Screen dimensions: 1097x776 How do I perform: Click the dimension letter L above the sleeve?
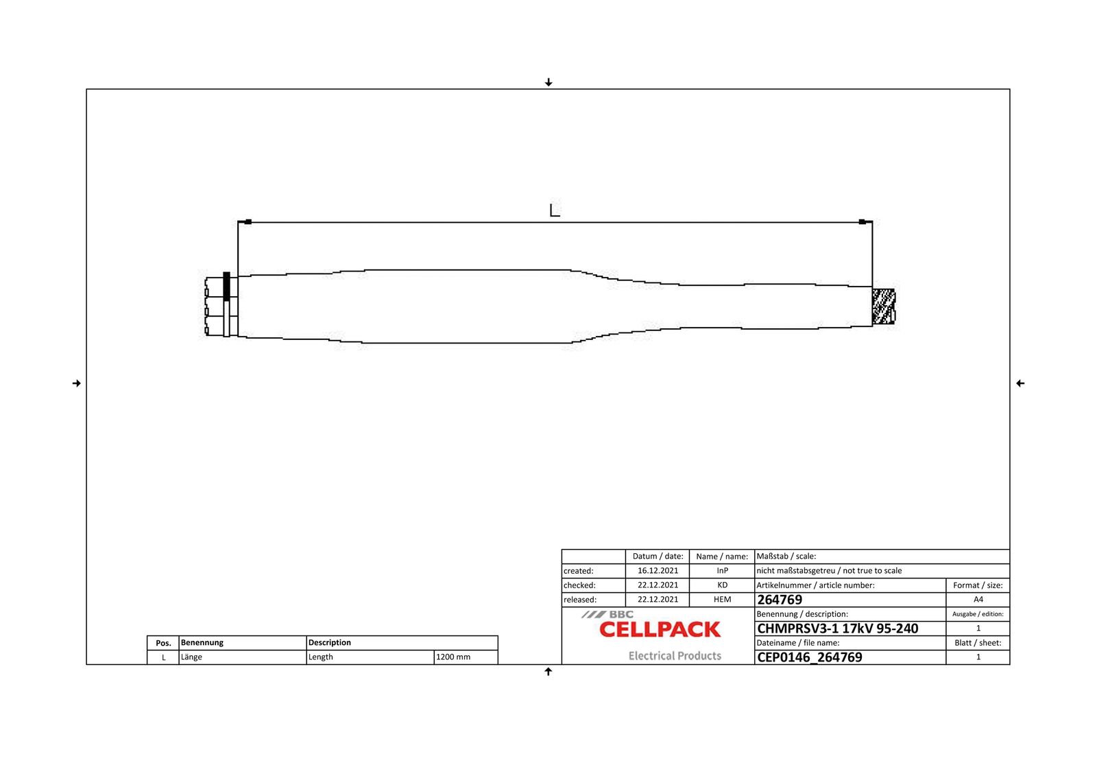pyautogui.click(x=555, y=210)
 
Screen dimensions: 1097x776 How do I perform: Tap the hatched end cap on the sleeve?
pyautogui.click(x=884, y=306)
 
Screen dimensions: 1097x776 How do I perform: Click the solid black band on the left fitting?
pyautogui.click(x=226, y=287)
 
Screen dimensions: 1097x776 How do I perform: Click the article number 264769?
pyautogui.click(x=780, y=600)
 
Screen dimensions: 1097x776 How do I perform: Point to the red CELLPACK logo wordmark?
pyautogui.click(x=660, y=629)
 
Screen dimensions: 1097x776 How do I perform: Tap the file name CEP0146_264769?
pyautogui.click(x=810, y=657)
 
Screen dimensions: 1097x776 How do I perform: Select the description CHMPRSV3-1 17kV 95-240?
pyautogui.click(x=837, y=629)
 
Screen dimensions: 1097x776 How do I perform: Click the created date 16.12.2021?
pyautogui.click(x=658, y=571)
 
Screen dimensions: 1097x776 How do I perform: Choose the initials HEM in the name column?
pyautogui.click(x=723, y=600)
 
